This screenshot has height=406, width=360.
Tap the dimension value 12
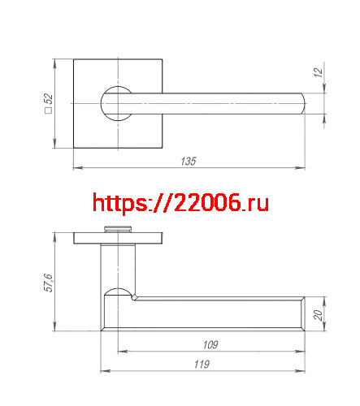point(318,73)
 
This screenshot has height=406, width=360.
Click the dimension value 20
point(318,314)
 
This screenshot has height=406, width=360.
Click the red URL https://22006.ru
point(180,202)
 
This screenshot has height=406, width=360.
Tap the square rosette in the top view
point(89,73)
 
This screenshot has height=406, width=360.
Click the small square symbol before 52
point(49,112)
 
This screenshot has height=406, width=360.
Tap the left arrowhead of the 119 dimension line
point(103,371)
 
